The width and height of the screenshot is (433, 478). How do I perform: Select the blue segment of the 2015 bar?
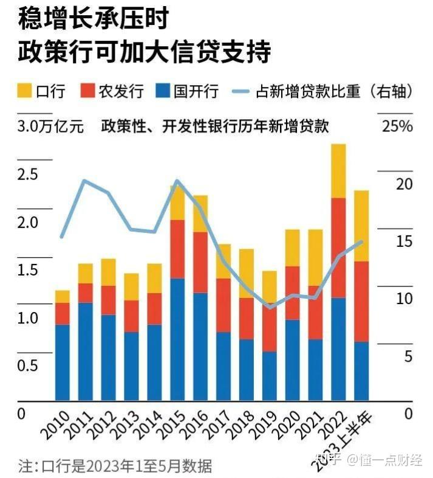(x=177, y=339)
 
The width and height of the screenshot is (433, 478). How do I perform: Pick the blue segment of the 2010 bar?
(x=63, y=362)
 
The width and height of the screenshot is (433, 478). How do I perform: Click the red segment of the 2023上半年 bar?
(x=361, y=302)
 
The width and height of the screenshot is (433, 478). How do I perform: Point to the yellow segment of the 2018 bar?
(x=246, y=273)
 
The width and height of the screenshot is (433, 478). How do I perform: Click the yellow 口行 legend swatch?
(x=24, y=91)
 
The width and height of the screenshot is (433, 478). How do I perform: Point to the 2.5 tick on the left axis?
(x=27, y=175)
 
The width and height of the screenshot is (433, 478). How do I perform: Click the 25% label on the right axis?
(x=397, y=126)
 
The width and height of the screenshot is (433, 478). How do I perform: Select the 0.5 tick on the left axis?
(x=27, y=365)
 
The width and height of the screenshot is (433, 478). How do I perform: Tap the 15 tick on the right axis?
(x=404, y=241)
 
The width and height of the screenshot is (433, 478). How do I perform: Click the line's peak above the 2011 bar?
(x=85, y=181)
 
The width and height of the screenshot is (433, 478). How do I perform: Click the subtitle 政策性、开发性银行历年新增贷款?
(x=215, y=126)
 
